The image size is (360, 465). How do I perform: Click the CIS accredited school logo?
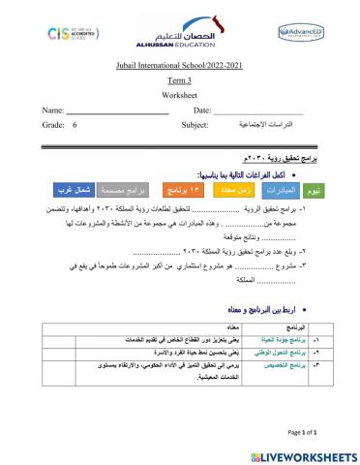coord(71,34)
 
